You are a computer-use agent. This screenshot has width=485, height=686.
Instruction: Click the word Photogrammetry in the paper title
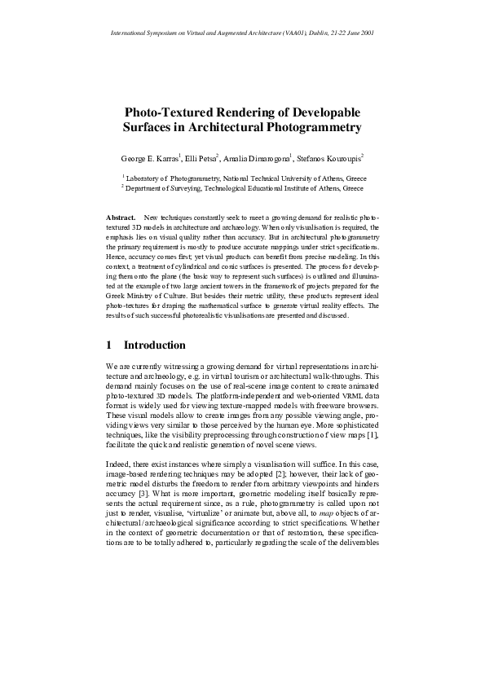(307, 128)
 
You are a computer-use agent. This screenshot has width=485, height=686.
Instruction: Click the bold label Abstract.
(121, 218)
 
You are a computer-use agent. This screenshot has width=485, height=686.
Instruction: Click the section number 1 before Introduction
(110, 345)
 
